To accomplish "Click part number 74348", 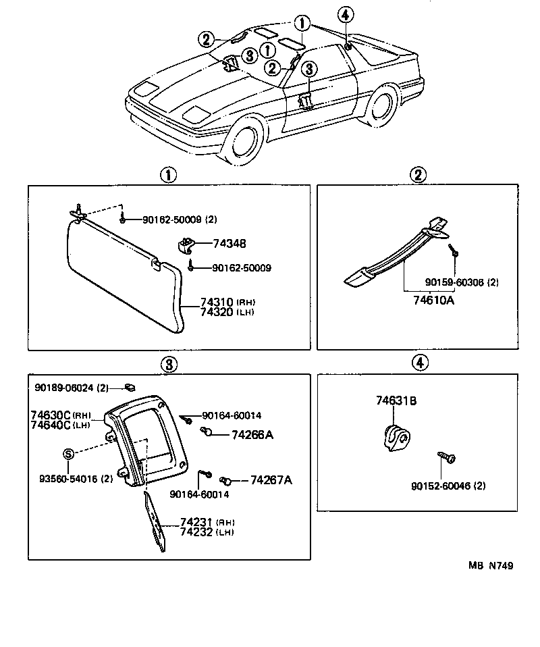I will (x=230, y=243).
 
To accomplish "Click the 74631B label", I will (x=396, y=401).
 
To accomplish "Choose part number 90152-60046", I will (x=448, y=486).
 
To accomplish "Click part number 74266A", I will (x=252, y=435).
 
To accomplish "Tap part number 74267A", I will (x=271, y=480).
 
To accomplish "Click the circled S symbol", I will (x=68, y=454).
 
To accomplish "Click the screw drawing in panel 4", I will (x=446, y=459).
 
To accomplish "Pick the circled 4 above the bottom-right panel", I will (x=419, y=363).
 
